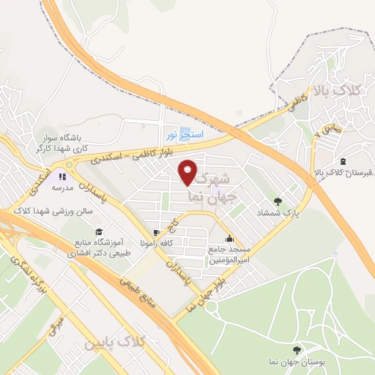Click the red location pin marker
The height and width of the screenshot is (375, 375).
(187, 171)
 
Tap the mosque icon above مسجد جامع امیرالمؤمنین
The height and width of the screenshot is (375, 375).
(230, 237)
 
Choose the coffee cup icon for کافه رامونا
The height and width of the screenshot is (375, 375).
(154, 233)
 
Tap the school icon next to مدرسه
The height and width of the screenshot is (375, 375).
(63, 177)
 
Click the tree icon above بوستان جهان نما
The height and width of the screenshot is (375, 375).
(297, 350)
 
